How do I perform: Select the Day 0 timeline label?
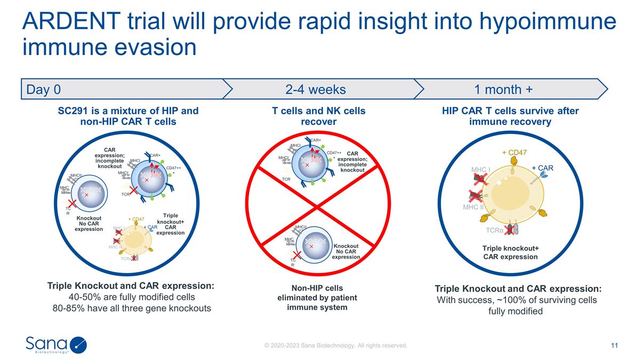[44, 90]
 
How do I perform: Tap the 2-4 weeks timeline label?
[316, 90]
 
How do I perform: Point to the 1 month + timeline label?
[503, 90]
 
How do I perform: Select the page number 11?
[614, 346]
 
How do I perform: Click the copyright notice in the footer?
[336, 346]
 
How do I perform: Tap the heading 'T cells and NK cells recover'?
[318, 116]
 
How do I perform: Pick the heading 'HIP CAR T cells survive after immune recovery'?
[510, 116]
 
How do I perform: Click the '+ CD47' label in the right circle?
[515, 153]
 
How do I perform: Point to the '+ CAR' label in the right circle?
[542, 168]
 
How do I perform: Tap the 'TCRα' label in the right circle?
[495, 231]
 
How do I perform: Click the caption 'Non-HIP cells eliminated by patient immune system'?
[317, 298]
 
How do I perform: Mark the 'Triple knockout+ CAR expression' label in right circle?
[510, 252]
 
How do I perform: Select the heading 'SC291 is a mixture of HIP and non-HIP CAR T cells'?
[128, 116]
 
